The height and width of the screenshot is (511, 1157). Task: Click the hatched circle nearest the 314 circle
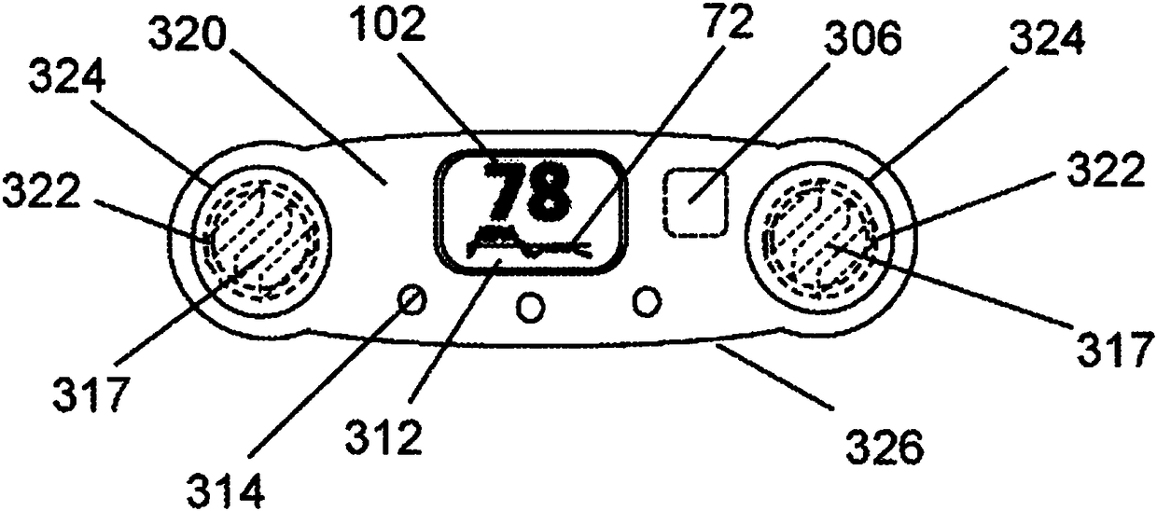point(260,240)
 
